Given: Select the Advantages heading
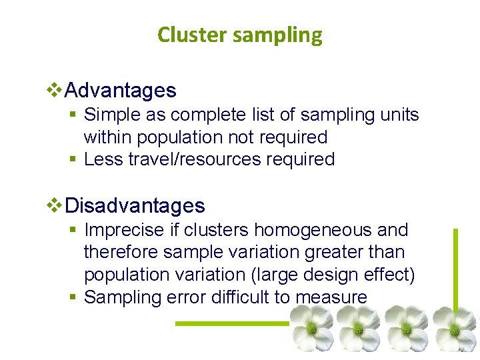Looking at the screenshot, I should (121, 90).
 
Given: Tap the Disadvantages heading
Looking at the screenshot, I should (135, 205).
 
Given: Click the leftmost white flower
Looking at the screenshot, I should (310, 328).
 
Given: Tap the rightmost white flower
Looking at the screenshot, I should (455, 328).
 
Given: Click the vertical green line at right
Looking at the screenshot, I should (456, 267).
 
